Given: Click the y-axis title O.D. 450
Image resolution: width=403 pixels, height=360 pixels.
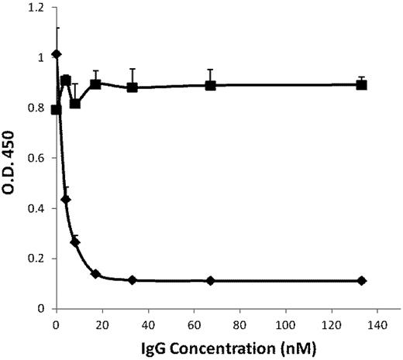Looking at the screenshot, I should point(12,159).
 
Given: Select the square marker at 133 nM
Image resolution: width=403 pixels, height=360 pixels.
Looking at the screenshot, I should point(361,84).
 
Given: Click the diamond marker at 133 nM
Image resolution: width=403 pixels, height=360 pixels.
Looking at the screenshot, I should point(361,280).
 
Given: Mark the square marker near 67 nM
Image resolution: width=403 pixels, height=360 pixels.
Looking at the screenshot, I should point(210,85).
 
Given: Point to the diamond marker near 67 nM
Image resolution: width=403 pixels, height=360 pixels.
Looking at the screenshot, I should point(210,280).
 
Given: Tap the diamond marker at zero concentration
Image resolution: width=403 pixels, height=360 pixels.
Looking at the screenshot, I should point(56,54).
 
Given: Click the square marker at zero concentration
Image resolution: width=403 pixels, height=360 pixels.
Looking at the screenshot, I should point(56,110).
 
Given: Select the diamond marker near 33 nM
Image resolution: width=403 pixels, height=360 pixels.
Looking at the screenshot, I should point(133,279).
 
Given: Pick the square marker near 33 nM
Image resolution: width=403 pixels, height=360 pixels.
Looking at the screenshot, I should point(133,87).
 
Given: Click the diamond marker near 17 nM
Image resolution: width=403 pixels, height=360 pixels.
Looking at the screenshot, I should point(95,274).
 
